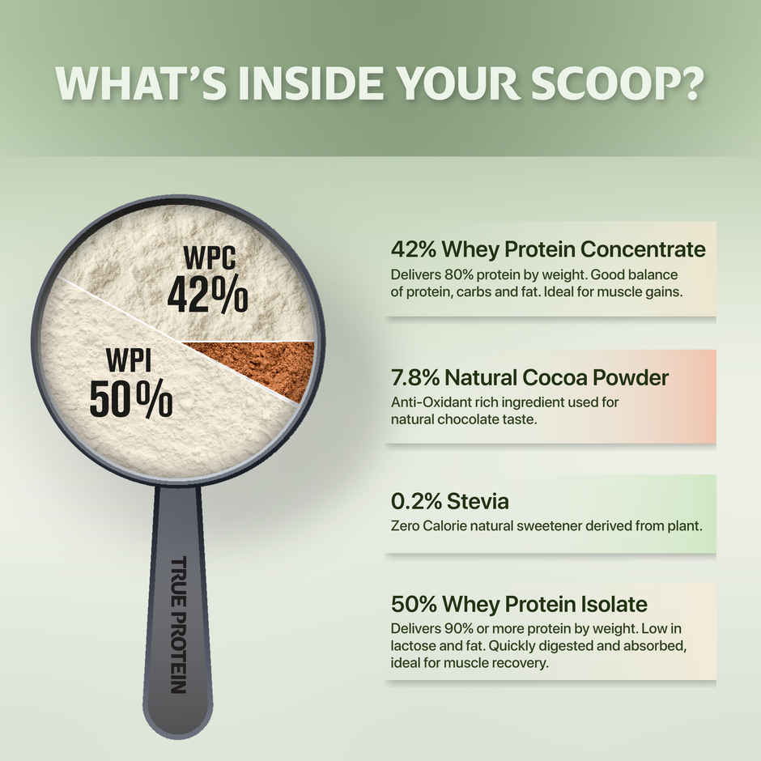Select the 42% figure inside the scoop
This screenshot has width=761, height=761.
[x=207, y=296]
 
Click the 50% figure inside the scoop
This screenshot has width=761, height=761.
[x=130, y=398]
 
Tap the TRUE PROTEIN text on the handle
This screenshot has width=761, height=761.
[x=178, y=624]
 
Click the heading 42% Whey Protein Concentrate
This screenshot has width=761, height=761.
[x=548, y=249]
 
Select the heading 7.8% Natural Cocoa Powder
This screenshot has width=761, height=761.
[x=529, y=376]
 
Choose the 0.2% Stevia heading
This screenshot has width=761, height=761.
[x=449, y=501]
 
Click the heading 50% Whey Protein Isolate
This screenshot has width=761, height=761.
[x=519, y=603]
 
